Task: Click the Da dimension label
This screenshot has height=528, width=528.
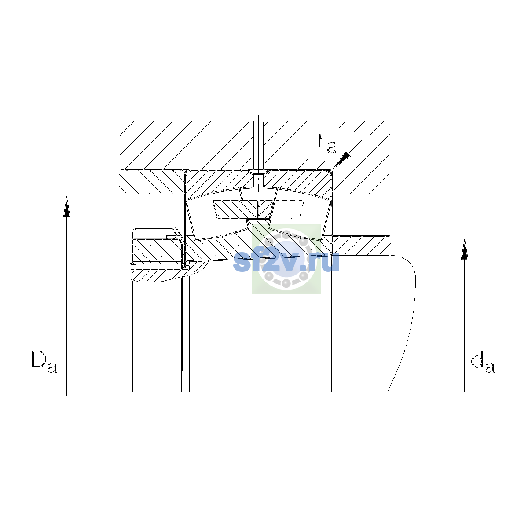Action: coord(44,361)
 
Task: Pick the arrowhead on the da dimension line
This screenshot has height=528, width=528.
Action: coord(465,249)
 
